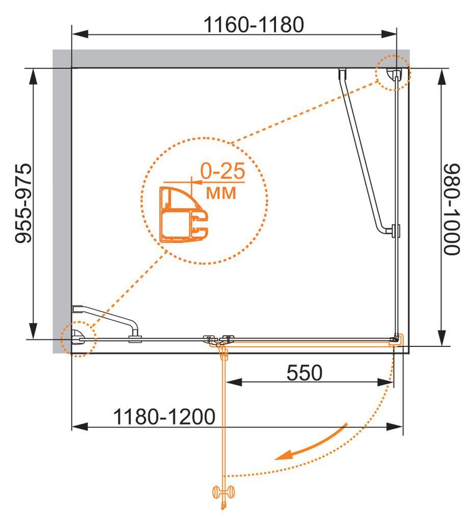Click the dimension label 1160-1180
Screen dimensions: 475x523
(x=254, y=25)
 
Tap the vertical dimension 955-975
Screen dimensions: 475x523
(x=23, y=203)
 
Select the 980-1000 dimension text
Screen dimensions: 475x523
(x=452, y=209)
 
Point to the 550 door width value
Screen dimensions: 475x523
(x=305, y=372)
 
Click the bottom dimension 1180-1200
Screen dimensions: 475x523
(x=164, y=417)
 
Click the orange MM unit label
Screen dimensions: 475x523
(x=221, y=193)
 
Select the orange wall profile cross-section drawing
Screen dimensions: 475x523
(x=184, y=214)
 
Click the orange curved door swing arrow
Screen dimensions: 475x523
(x=311, y=442)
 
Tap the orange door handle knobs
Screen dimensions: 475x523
(x=223, y=492)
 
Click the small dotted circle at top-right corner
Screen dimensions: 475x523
(x=393, y=73)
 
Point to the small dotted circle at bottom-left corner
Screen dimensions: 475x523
(x=78, y=339)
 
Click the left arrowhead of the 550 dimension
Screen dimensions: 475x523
(x=234, y=382)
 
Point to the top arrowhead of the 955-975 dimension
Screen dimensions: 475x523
(x=33, y=78)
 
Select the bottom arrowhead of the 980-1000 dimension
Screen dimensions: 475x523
(x=442, y=338)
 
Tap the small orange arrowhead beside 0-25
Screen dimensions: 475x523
(x=196, y=182)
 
